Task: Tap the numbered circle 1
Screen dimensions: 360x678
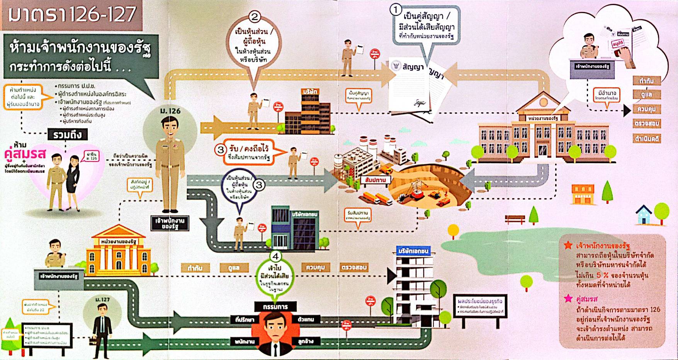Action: click(395, 10)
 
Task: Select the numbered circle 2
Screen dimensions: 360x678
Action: click(254, 17)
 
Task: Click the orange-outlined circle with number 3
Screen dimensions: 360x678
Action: click(220, 149)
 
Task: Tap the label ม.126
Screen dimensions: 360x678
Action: click(170, 111)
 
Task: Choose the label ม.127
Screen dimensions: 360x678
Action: click(102, 299)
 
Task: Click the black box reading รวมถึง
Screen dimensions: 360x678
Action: click(68, 134)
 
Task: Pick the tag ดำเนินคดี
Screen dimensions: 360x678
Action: click(647, 138)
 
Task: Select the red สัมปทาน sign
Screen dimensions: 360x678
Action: click(375, 180)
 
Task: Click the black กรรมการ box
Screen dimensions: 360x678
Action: click(275, 307)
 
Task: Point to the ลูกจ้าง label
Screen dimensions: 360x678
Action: click(306, 341)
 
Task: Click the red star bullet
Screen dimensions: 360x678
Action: click(568, 245)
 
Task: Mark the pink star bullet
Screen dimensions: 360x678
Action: click(568, 298)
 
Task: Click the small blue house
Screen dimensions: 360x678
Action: click(644, 215)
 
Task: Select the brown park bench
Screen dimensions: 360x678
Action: click(515, 219)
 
